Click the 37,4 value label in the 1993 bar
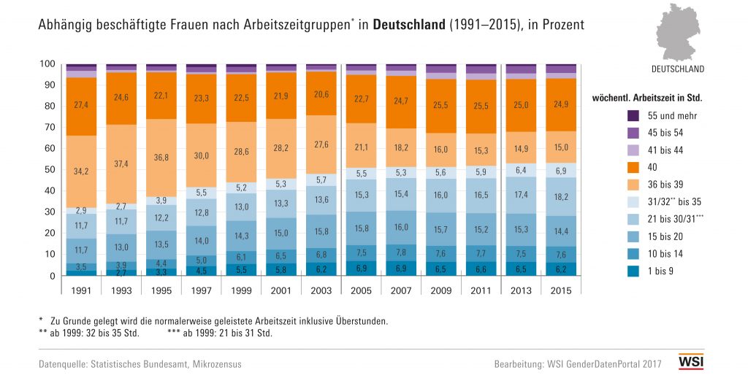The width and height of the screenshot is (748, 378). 121,163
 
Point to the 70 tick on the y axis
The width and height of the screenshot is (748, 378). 48,128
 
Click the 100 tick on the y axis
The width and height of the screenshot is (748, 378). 47,64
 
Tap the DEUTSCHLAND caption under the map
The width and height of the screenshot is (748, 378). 678,69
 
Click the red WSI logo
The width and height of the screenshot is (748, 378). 690,363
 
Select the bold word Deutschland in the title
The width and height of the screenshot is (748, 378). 408,25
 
